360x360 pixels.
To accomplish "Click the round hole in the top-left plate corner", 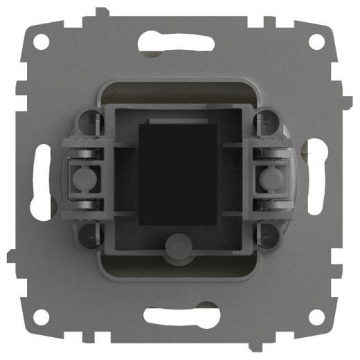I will pos(44,42).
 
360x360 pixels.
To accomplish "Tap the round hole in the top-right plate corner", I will pos(316,42).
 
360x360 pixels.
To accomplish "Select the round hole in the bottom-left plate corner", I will pos(43,316).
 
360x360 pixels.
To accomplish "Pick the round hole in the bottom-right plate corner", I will pos(316,316).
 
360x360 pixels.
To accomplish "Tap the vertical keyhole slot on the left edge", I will pos(42,180).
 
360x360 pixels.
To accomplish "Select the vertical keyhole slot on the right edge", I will pos(318,180).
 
